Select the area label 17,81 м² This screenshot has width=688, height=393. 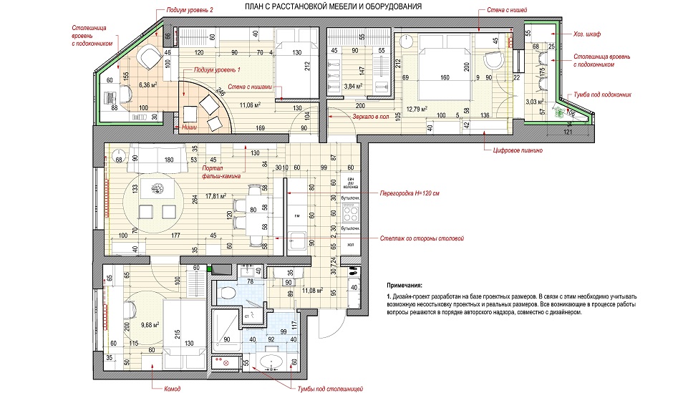215,195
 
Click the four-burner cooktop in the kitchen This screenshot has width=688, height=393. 351,213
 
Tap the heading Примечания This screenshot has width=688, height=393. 405,285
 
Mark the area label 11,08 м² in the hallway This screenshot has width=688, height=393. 314,291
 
